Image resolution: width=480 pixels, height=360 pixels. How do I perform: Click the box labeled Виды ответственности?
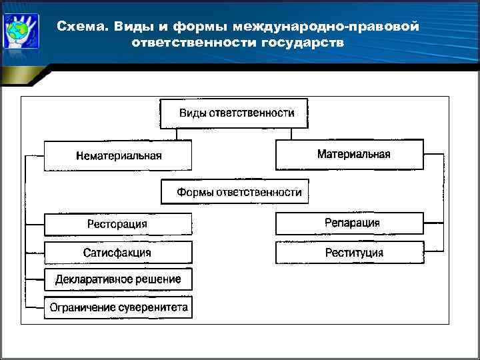pyautogui.click(x=236, y=113)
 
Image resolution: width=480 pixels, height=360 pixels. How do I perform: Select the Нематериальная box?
pyautogui.click(x=118, y=155)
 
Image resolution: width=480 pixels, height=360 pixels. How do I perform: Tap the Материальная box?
pyautogui.click(x=349, y=155)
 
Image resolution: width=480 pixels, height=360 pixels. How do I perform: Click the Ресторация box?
pyautogui.click(x=118, y=224)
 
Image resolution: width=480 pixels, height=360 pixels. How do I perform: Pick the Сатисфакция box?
pyautogui.click(x=118, y=253)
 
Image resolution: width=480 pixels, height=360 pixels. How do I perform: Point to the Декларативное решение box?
pyautogui.click(x=118, y=279)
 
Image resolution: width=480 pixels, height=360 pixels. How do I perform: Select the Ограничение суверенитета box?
pyautogui.click(x=118, y=307)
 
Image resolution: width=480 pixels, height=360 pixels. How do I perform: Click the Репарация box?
pyautogui.click(x=349, y=223)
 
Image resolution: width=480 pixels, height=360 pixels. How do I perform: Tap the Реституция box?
pyautogui.click(x=349, y=253)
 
